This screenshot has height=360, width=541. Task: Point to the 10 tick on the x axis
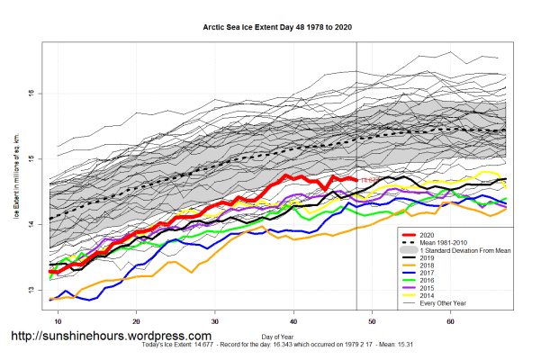(x=58, y=320)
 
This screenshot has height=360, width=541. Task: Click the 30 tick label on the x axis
(x=215, y=320)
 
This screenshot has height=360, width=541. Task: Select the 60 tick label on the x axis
(x=450, y=320)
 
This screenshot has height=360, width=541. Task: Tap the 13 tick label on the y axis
(x=30, y=289)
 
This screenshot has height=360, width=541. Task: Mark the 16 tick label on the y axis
(x=30, y=93)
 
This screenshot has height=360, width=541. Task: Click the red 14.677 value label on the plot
(x=370, y=181)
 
